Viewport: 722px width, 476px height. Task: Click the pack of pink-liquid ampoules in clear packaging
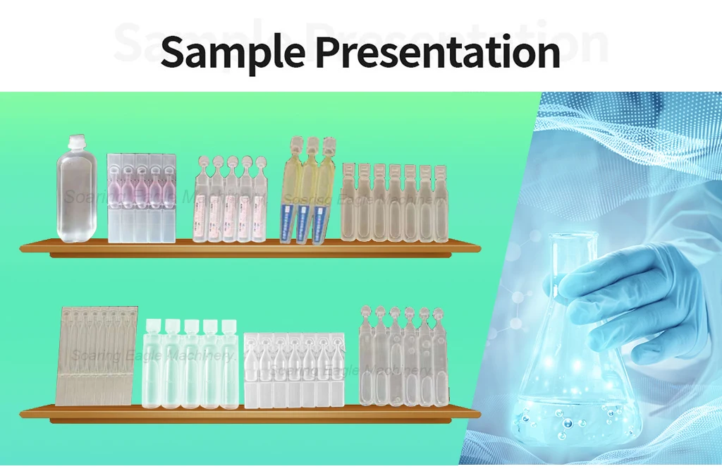[141, 197]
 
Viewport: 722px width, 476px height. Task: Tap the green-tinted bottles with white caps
[190, 367]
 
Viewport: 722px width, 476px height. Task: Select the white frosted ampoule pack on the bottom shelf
[294, 370]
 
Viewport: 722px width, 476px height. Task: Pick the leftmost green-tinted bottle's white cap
[153, 327]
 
